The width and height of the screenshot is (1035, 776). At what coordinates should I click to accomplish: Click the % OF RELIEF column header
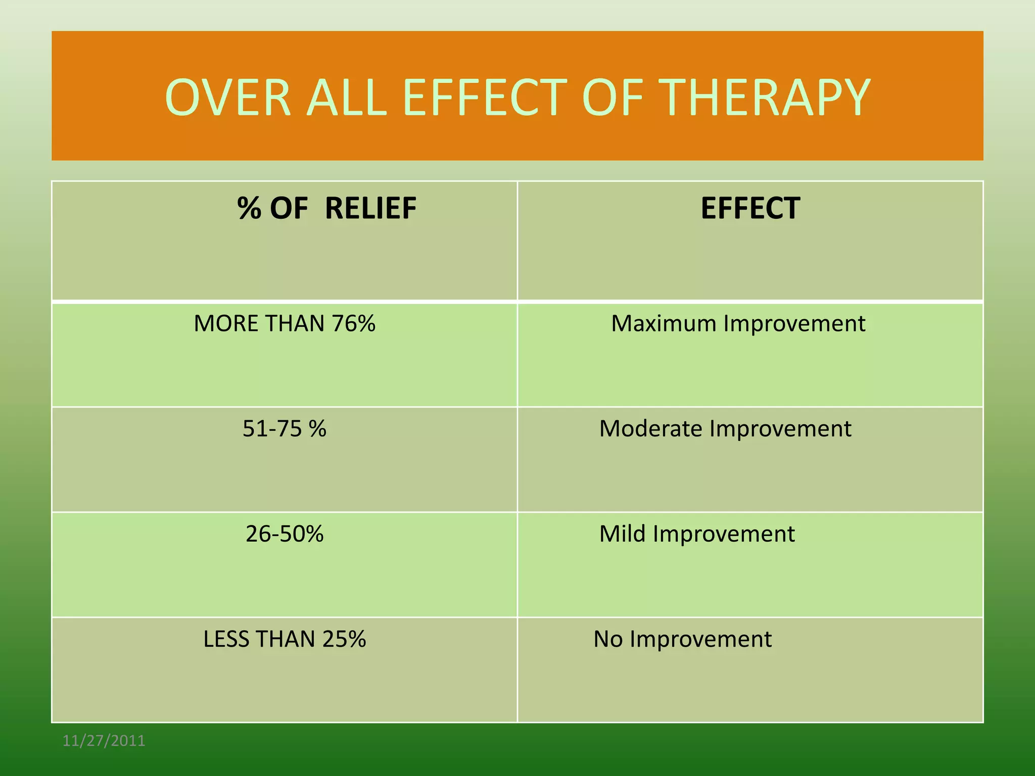(x=326, y=208)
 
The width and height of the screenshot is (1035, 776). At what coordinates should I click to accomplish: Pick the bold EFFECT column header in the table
(x=750, y=208)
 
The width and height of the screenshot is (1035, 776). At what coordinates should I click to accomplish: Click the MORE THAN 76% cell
(x=285, y=323)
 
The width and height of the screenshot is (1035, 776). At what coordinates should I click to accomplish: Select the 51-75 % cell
(x=285, y=428)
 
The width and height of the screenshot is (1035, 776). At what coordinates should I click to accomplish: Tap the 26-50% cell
(x=285, y=534)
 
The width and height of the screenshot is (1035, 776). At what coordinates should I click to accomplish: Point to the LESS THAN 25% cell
(x=285, y=639)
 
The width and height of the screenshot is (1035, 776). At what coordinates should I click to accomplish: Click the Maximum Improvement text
(x=738, y=323)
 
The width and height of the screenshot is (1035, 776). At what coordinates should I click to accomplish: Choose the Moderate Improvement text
(x=725, y=428)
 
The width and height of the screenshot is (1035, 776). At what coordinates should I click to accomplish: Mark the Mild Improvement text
(x=697, y=534)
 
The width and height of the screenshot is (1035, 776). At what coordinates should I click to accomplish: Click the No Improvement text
(x=682, y=639)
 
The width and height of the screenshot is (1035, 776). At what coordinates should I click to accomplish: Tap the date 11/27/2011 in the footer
(x=104, y=741)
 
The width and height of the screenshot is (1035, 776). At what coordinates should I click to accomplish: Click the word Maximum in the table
(x=664, y=323)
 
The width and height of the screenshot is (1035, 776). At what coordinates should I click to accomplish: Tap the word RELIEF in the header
(x=370, y=208)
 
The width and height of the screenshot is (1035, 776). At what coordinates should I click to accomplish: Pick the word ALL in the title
(x=347, y=98)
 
